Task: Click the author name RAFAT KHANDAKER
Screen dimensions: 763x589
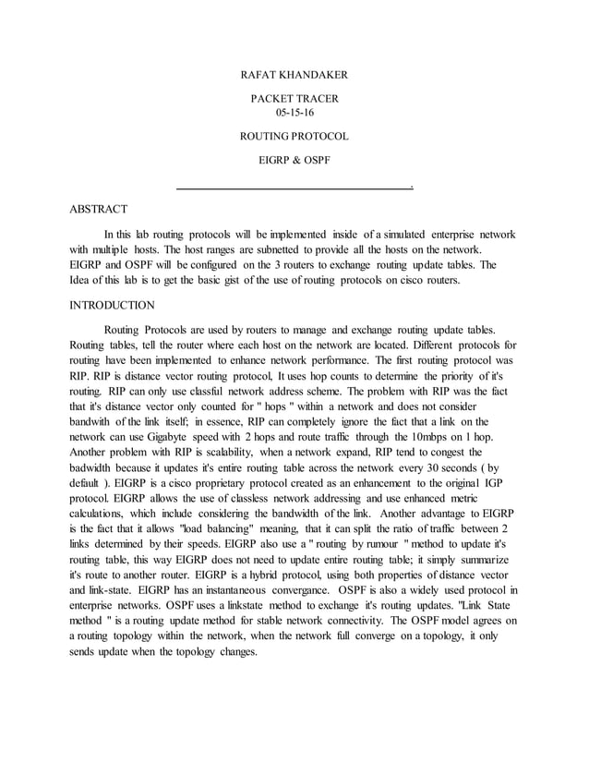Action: (294, 74)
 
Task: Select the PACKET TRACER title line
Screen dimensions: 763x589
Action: (294, 98)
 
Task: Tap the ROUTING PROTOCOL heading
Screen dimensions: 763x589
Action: (294, 137)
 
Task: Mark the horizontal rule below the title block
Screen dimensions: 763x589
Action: (293, 188)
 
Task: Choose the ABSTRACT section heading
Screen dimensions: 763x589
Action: (99, 210)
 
